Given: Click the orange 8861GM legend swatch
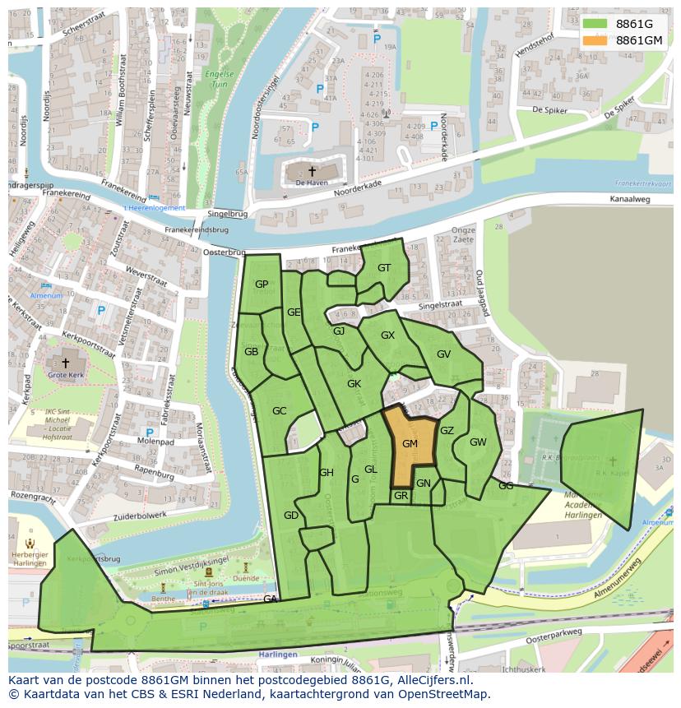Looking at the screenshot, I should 596,40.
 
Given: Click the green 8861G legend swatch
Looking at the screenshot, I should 596,24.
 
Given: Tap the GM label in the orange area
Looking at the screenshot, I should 410,444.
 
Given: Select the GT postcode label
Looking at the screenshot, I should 384,268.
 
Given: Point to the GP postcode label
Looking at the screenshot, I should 262,285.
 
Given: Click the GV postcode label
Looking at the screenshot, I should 444,354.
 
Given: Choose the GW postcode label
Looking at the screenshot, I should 478,442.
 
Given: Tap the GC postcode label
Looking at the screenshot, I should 279,411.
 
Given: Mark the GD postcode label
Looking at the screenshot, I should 290,516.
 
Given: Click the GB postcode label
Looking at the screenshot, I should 251,352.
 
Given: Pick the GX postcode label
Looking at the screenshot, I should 387,335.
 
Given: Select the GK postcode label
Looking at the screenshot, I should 354,384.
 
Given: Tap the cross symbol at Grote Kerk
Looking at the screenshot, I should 66,362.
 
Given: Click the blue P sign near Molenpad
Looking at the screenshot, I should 149,433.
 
